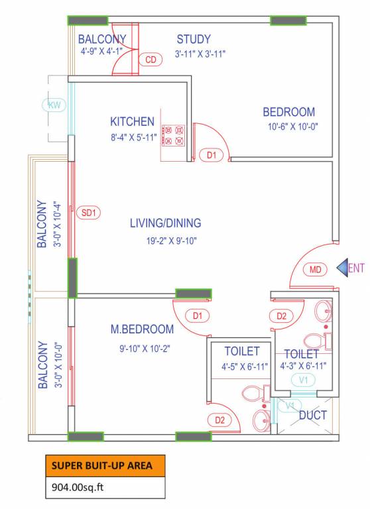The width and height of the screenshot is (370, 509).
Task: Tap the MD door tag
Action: point(315,269)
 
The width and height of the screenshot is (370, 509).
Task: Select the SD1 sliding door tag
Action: point(88,213)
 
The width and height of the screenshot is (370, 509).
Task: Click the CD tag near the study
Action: point(151,60)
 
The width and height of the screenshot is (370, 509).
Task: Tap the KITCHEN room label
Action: point(132,122)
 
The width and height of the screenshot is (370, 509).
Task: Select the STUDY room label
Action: point(194,39)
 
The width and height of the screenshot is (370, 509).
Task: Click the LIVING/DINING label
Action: point(165,223)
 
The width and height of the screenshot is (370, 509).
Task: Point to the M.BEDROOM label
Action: point(142,329)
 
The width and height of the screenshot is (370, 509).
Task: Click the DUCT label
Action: point(312,416)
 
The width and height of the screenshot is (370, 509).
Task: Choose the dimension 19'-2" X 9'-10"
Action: point(165,241)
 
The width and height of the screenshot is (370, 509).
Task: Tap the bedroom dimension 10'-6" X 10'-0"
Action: point(288,127)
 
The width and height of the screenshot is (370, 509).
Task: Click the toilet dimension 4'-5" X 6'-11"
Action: point(242,365)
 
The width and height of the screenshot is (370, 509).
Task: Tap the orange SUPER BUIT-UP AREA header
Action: point(104,466)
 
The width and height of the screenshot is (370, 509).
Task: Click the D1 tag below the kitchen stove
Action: point(212,156)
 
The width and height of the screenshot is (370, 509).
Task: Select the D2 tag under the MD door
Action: point(282,316)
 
